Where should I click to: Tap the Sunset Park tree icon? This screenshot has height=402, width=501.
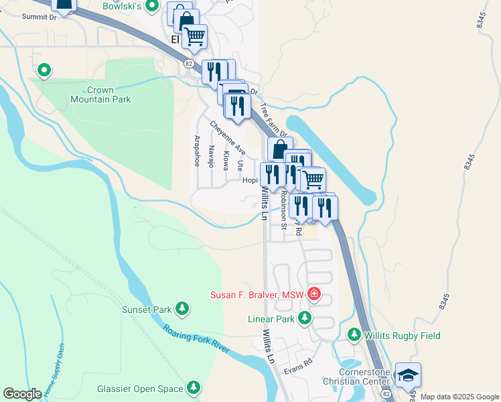(182, 309)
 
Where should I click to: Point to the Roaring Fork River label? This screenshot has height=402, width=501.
(196, 340)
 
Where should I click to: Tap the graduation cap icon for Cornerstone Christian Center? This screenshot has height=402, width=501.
(407, 376)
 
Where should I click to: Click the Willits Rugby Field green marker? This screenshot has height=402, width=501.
(354, 334)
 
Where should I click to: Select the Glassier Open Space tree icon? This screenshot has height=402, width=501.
(194, 387)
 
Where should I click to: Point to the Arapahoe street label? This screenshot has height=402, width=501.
(197, 151)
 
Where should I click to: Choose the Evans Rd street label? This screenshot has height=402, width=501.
(298, 362)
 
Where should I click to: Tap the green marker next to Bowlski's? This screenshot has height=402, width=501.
(152, 7)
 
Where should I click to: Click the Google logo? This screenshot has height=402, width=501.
(22, 394)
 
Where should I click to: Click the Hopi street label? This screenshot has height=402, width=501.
(250, 180)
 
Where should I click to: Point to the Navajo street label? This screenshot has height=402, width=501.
(211, 156)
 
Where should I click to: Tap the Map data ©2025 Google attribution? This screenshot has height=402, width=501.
(459, 397)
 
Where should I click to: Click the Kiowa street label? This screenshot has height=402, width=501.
(226, 160)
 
